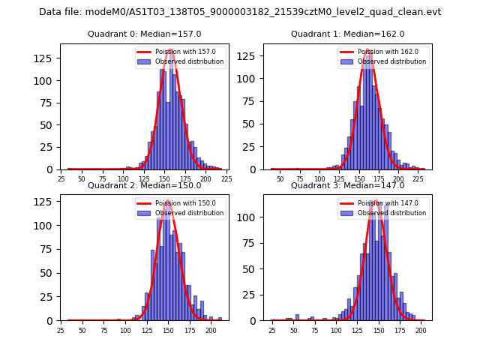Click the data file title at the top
(240, 12)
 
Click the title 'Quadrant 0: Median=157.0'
(145, 34)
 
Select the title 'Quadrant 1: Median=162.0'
(348, 34)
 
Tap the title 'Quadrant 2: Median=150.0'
(145, 185)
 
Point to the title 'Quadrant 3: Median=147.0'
(348, 185)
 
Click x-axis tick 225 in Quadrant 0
(226, 179)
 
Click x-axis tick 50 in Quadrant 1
(280, 179)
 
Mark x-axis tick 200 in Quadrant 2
(211, 330)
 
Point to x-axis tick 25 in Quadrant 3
(271, 330)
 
